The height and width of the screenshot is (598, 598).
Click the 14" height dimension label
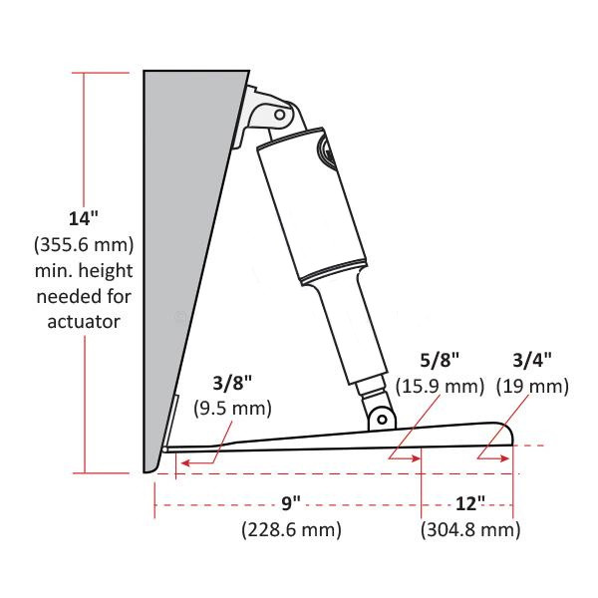click(84, 217)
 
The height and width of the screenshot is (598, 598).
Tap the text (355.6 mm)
click(84, 243)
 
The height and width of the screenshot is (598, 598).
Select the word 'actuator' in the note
click(84, 321)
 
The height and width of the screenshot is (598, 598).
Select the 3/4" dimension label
click(531, 359)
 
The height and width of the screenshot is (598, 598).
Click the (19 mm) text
click(531, 385)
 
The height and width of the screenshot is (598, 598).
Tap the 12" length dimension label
click(469, 504)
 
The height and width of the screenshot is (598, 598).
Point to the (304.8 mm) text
click(469, 529)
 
